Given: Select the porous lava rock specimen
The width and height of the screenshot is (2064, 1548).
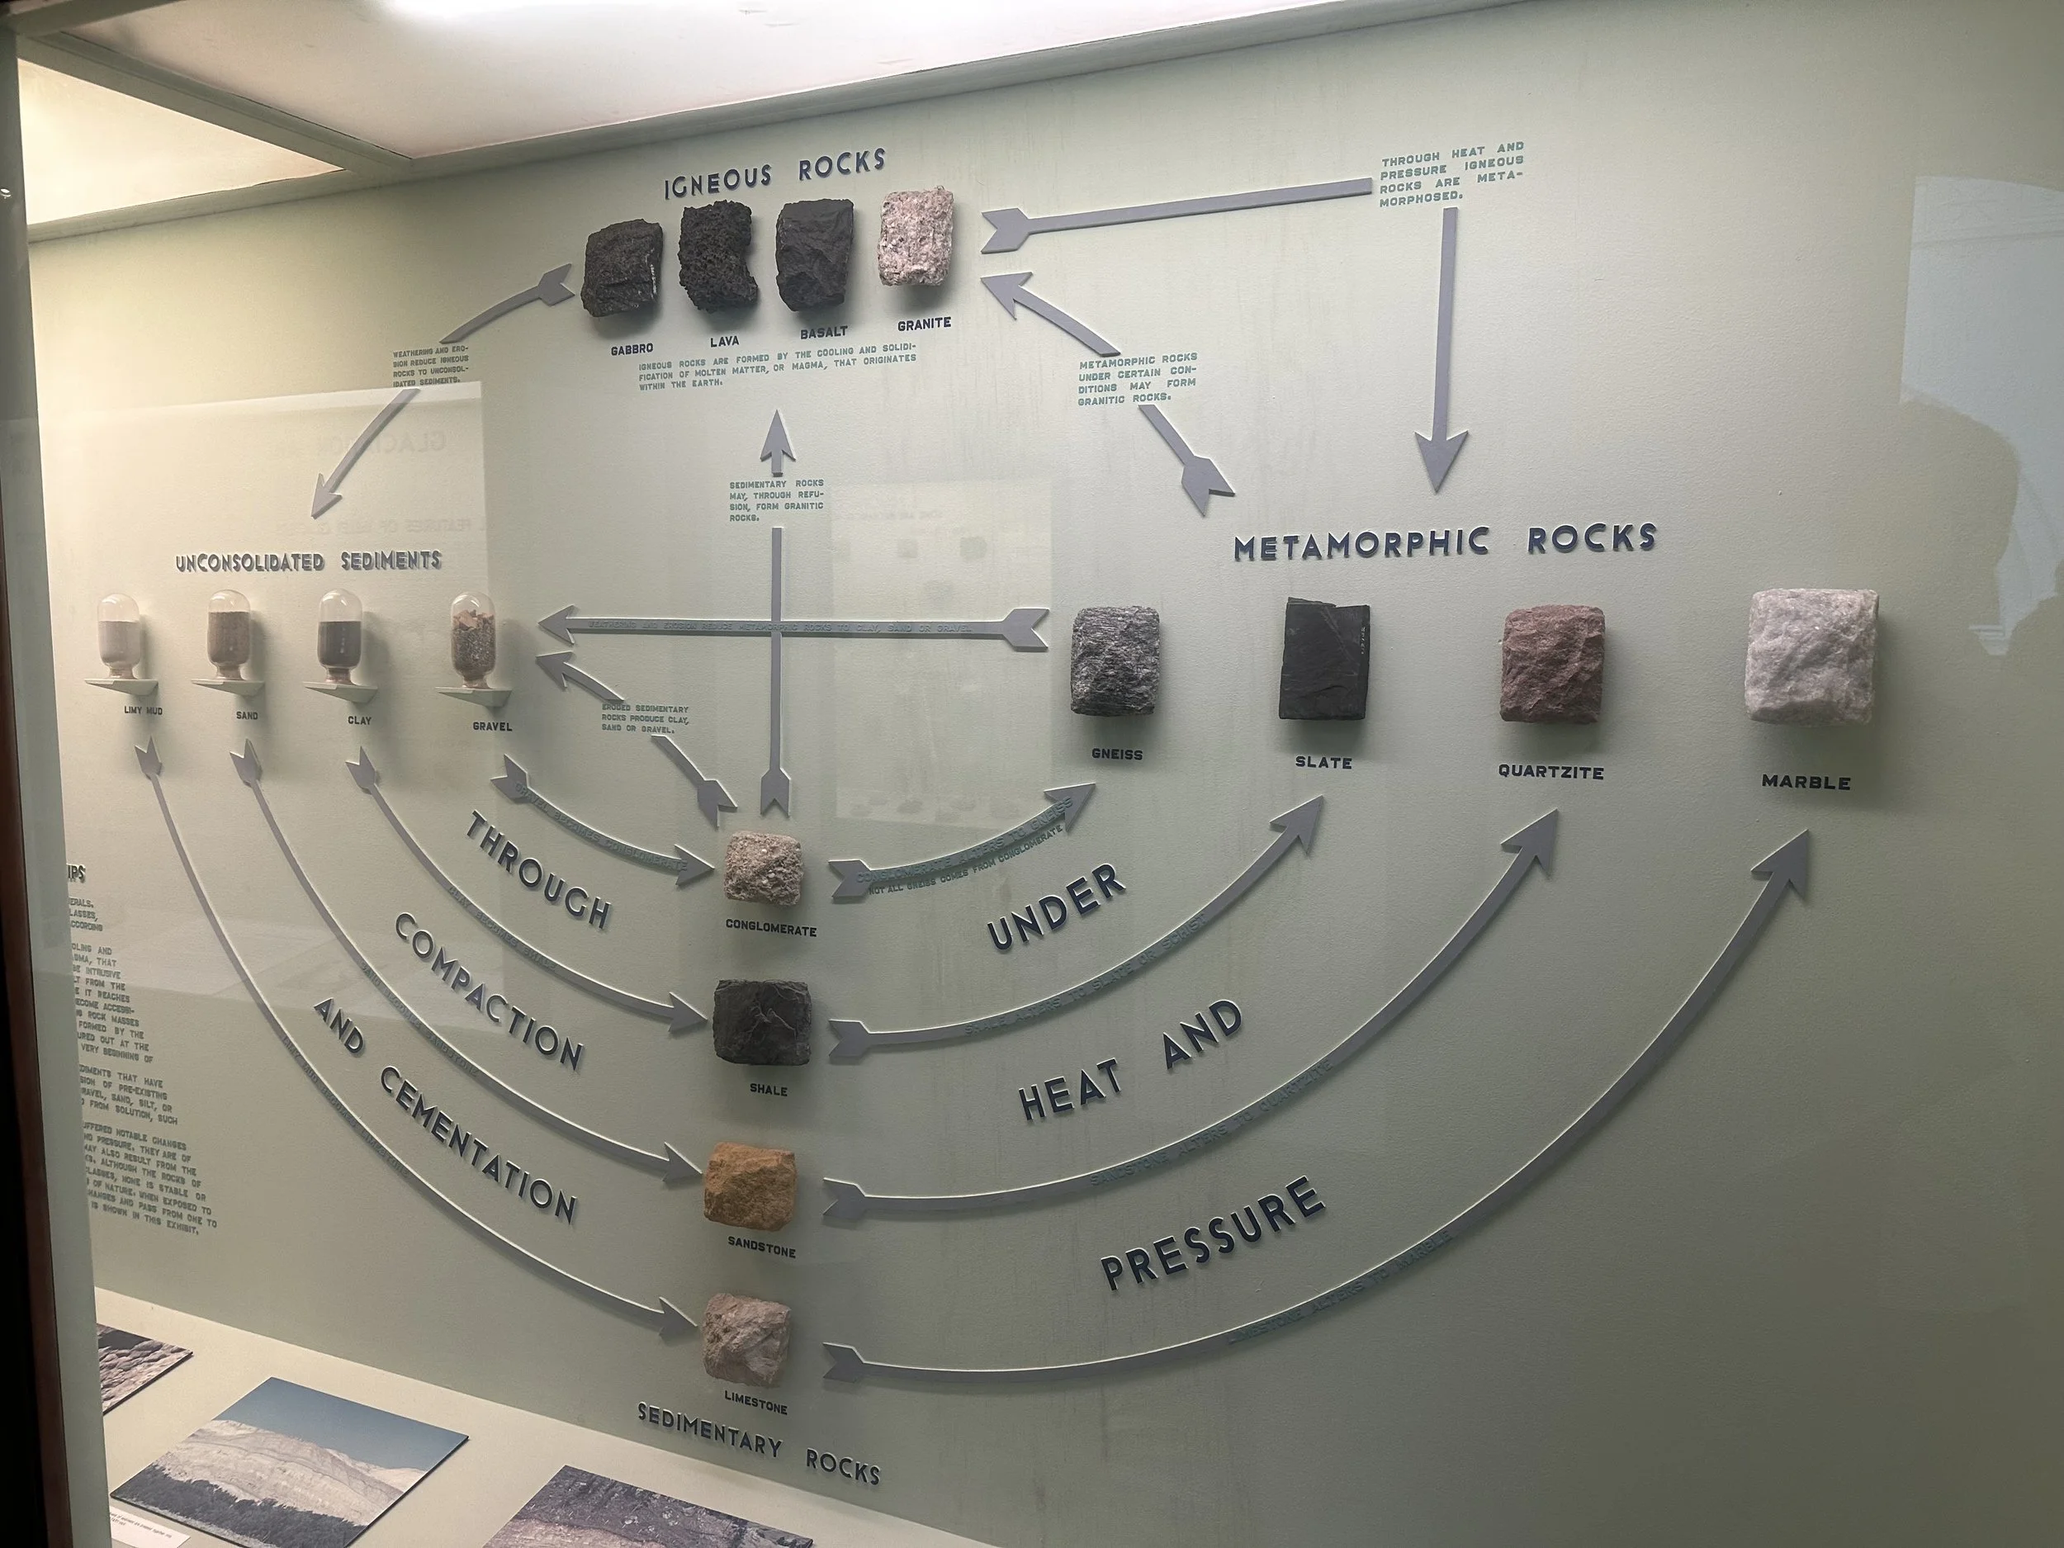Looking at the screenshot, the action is pos(719,259).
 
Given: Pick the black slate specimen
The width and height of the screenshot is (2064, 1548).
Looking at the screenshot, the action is pos(1324,660).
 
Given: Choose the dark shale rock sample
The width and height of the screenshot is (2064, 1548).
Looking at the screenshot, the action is pos(761,1023).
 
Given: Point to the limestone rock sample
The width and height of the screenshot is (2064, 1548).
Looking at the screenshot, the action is pos(747,1341).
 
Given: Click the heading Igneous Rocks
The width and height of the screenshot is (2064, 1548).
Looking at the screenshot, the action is pos(774,173).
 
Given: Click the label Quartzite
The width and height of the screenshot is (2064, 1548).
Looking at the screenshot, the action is pos(1550,772).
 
